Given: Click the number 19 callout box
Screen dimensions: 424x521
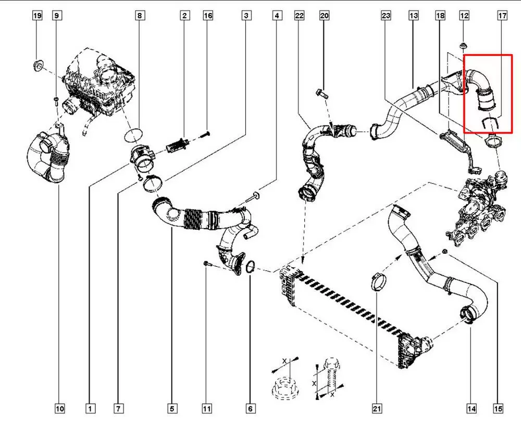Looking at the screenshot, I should (38, 16).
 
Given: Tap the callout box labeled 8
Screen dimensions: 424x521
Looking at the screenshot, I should (139, 16).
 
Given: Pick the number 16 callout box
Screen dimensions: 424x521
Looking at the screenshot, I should (208, 16).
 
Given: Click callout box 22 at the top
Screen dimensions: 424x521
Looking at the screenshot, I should (299, 16).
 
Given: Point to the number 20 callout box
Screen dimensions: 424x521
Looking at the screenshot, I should (324, 16).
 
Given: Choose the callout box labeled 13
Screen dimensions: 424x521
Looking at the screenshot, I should (414, 16).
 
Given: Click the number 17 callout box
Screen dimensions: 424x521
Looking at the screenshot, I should (502, 16).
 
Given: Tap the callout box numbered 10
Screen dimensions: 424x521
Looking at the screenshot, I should (60, 409).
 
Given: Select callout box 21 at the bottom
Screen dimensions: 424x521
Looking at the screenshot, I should (377, 409).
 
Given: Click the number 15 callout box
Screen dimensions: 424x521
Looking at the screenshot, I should (499, 409).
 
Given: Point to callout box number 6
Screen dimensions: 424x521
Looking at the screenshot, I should (250, 409).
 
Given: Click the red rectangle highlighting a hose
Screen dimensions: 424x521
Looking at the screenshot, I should (488, 94).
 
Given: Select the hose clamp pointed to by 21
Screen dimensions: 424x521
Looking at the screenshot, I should (378, 281).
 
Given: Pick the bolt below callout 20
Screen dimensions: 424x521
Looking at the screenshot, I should (321, 95).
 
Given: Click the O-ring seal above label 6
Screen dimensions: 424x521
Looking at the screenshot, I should (250, 267).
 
